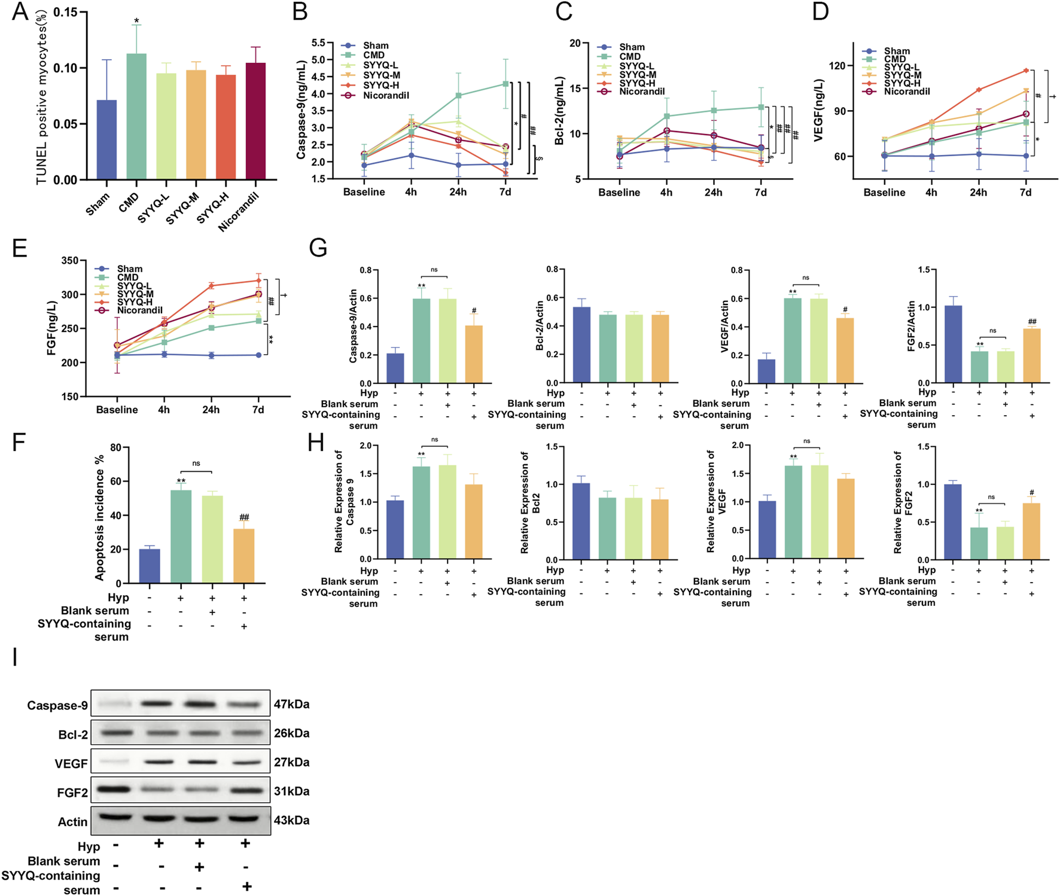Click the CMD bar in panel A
[136, 117]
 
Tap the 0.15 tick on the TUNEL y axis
[66, 13]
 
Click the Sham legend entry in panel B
[375, 45]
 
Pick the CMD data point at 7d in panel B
[505, 84]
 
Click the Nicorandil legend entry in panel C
[641, 92]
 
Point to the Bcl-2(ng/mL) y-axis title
[559, 111]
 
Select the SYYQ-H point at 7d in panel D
[1025, 71]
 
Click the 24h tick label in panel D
[978, 193]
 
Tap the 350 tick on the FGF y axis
[70, 261]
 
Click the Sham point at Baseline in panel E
[117, 355]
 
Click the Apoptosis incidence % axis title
[100, 517]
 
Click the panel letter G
[318, 247]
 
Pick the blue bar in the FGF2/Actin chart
[953, 345]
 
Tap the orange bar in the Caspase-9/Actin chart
[473, 354]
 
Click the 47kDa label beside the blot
[291, 704]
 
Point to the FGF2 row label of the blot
[72, 793]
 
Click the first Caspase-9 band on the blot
[114, 704]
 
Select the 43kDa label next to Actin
[291, 820]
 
